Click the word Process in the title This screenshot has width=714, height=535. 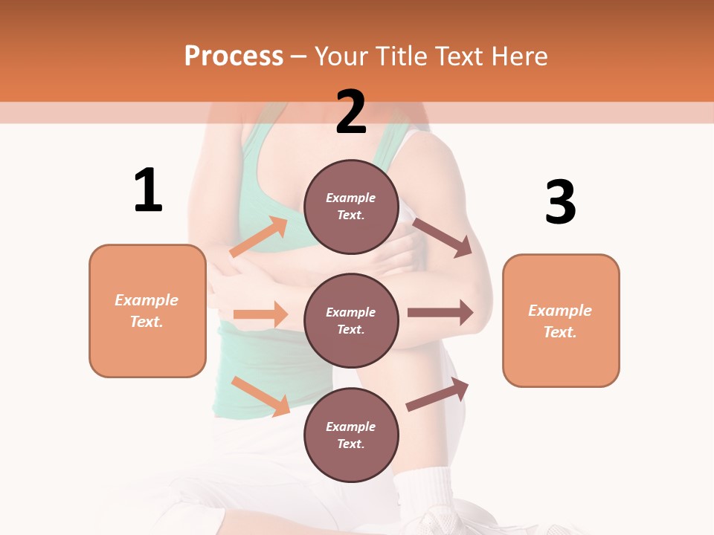pyautogui.click(x=234, y=56)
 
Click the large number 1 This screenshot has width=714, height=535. pyautogui.click(x=148, y=190)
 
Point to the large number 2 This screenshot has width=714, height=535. pyautogui.click(x=351, y=112)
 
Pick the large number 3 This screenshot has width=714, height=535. pyautogui.click(x=560, y=202)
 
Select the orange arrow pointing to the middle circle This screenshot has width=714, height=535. pyautogui.click(x=260, y=314)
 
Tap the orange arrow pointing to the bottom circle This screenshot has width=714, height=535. pyautogui.click(x=260, y=396)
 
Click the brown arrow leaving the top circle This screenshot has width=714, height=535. pyautogui.click(x=443, y=237)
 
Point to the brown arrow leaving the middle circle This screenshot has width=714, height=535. pyautogui.click(x=440, y=313)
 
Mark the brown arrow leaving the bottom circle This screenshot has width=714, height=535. pyautogui.click(x=437, y=395)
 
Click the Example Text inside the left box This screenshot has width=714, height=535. pyautogui.click(x=147, y=311)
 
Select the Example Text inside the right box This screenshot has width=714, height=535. pyautogui.click(x=560, y=321)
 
